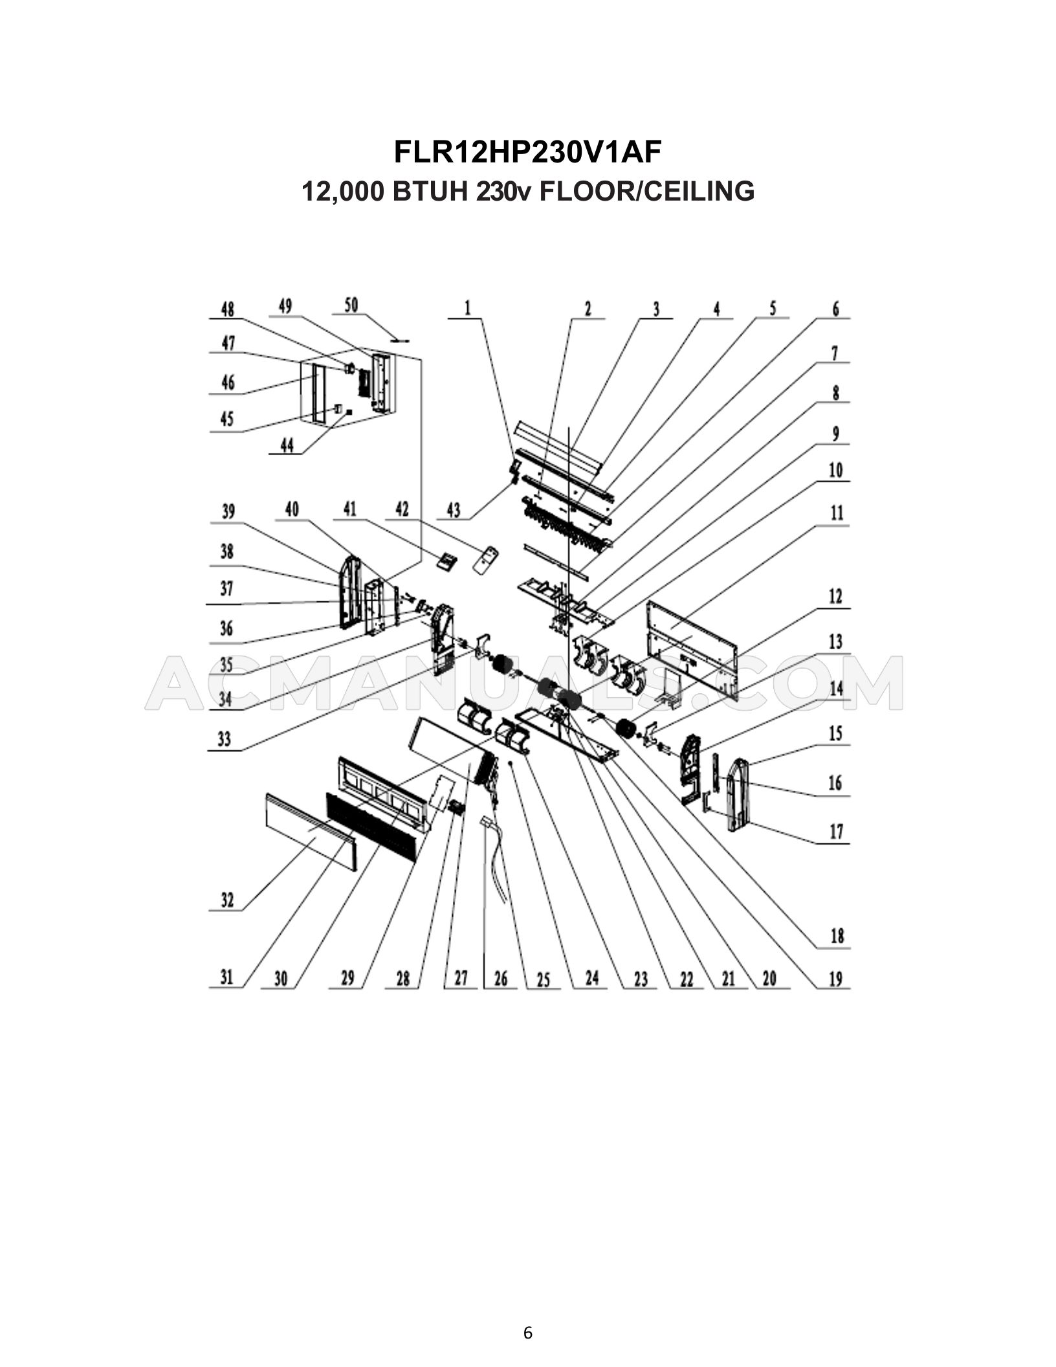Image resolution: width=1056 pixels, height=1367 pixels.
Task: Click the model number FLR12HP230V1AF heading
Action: tap(527, 153)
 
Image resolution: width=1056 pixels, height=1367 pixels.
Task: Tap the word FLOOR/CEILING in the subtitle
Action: tap(646, 191)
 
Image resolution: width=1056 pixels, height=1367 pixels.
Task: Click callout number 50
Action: tap(351, 306)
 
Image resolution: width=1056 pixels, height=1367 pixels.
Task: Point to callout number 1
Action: tap(467, 309)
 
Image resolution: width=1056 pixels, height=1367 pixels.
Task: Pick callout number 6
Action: tap(835, 309)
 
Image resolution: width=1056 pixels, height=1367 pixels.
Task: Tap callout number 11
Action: tap(837, 513)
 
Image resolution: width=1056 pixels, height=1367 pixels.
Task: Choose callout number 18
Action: tap(837, 936)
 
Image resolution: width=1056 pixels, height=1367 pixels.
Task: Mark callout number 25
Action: tap(543, 980)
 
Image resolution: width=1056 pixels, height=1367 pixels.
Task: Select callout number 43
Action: tap(453, 510)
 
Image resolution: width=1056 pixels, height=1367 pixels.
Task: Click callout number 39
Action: tap(228, 512)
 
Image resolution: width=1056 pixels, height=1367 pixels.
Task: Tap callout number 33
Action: tap(224, 739)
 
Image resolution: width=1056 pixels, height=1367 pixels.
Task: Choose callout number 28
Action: tap(402, 979)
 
